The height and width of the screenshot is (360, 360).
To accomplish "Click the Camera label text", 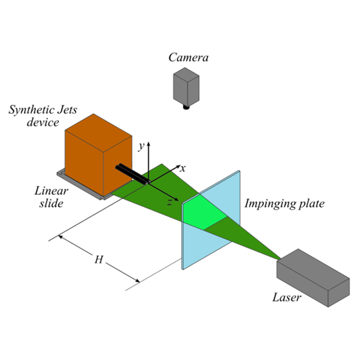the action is [x=189, y=58].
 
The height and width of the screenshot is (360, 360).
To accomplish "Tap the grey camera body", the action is [x=187, y=86].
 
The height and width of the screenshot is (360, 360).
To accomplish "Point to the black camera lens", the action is [x=187, y=107].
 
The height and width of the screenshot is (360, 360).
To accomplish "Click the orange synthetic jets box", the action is [x=99, y=155].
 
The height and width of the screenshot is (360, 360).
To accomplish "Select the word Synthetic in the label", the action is [x=31, y=110].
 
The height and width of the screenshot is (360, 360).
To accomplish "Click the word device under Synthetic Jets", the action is [x=43, y=122].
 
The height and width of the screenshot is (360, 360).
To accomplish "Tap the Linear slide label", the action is [x=51, y=197].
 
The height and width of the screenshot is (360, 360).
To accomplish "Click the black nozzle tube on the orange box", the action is [x=132, y=173].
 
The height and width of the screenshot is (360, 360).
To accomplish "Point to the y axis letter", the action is [x=141, y=146].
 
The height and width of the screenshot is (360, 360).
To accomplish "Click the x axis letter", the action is [x=182, y=169].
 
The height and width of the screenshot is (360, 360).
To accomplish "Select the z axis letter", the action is [x=169, y=202].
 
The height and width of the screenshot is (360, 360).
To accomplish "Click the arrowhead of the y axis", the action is [x=149, y=144].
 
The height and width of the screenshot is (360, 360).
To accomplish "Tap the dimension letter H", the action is [x=99, y=260].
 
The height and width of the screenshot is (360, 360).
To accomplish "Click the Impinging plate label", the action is [x=285, y=204].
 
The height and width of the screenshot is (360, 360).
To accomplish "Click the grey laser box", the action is [x=313, y=278].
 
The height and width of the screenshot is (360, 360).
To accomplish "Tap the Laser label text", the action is [x=287, y=298].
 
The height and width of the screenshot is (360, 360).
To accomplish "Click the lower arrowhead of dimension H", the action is [x=137, y=280].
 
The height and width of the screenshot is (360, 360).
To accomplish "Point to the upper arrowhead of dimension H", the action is [x=61, y=237].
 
